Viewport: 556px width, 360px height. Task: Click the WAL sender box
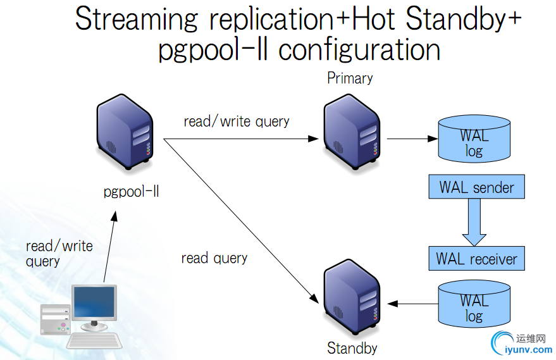476,187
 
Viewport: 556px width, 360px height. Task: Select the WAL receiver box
476,259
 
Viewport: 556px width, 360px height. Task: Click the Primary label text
350,78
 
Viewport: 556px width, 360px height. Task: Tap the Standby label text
352,347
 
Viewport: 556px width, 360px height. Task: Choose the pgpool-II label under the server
131,191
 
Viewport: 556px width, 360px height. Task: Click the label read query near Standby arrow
214,258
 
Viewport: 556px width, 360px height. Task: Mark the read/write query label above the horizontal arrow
236,121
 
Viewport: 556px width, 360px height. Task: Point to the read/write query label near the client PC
59,253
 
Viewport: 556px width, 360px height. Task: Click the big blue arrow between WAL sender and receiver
475,223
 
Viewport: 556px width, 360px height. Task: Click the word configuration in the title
359,49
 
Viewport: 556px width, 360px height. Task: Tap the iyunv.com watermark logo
520,342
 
